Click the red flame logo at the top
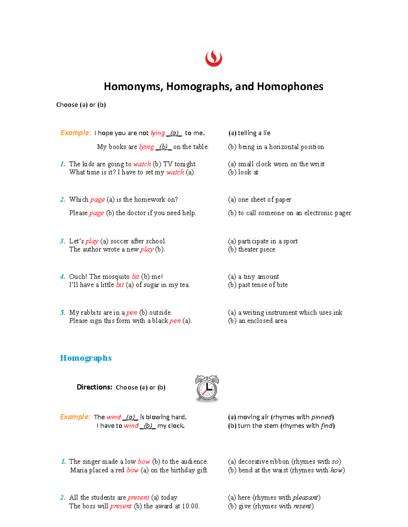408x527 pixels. pos(214,59)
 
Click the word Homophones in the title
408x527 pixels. pos(290,87)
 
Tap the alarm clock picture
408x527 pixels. pos(207,389)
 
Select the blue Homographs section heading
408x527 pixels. pos(86,358)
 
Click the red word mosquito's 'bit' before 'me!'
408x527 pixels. pos(135,277)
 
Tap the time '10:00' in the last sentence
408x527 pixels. pos(190,506)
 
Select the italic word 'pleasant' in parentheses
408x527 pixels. pos(305,497)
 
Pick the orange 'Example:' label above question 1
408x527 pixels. pos(75,133)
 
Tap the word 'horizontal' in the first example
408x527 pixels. pos(286,147)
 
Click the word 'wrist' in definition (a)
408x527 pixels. pos(317,164)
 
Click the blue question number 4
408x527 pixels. pos(62,277)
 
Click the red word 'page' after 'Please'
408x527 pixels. pos(97,213)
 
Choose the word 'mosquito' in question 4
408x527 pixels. pos(116,277)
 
